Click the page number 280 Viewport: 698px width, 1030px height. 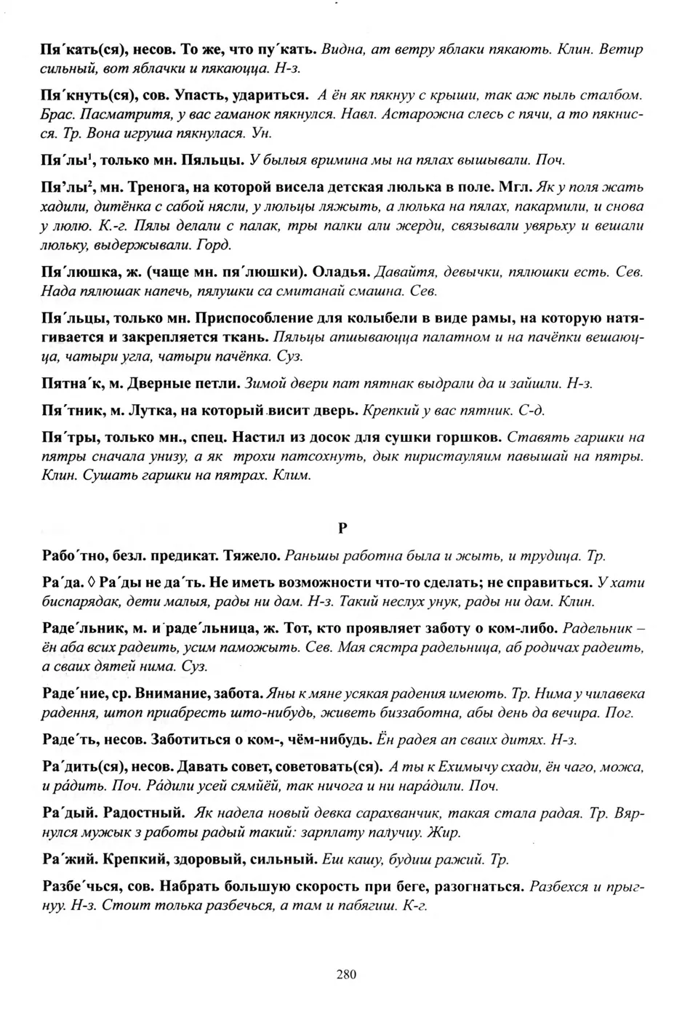346,974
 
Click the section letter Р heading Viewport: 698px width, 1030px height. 342,528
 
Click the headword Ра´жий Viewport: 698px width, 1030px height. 68,860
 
